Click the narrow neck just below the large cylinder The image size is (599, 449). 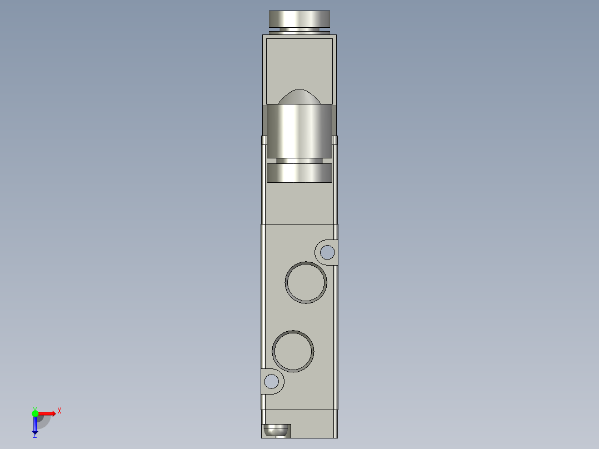299,161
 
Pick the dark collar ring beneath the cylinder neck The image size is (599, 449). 299,173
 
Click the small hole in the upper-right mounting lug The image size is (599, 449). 327,253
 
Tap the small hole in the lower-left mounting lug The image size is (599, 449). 272,381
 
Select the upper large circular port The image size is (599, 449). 306,282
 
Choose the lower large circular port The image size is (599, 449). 293,351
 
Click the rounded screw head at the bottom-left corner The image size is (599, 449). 276,431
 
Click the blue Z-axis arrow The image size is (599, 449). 35,426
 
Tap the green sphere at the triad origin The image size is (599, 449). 35,413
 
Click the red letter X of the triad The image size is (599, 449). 59,411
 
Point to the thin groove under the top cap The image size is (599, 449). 299,29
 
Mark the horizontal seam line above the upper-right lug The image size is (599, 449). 299,224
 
